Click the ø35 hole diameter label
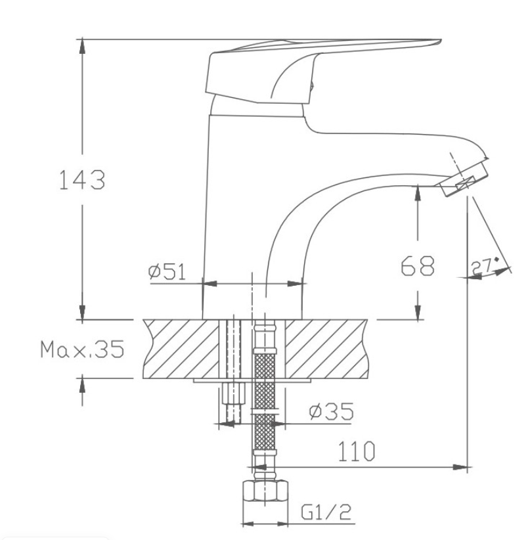tap(330, 412)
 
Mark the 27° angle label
tap(484, 266)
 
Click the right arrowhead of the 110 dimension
tap(462, 468)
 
